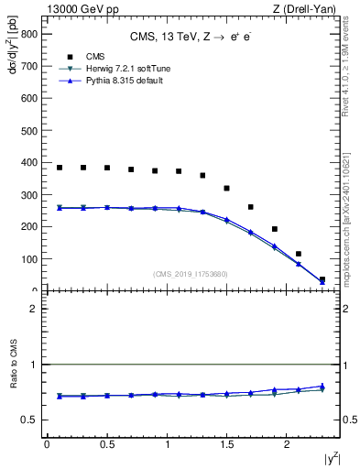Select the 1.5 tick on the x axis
[x=226, y=444]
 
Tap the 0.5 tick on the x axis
[x=106, y=444]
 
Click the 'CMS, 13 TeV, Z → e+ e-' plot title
[x=192, y=37]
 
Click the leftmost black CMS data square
[x=60, y=168]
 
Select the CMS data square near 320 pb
[x=226, y=189]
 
